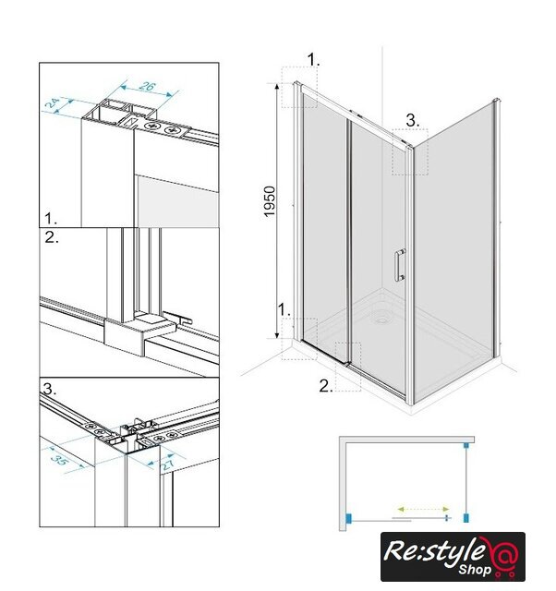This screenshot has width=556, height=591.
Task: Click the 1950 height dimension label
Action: click(270, 201)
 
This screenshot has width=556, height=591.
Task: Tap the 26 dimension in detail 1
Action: click(147, 86)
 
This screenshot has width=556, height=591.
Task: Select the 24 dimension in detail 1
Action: click(52, 103)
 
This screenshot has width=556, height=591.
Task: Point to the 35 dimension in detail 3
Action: click(59, 459)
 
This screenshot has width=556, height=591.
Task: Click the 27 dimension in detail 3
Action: click(168, 464)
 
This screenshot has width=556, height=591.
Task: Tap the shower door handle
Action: click(400, 265)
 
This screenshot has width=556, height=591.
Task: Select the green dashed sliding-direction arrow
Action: click(423, 509)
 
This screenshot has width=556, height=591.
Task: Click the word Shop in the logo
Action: click(476, 569)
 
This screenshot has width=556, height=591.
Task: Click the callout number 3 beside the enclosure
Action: click(412, 121)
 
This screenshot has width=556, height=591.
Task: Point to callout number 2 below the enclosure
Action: click(326, 386)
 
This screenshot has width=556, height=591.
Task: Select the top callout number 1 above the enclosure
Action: click(313, 59)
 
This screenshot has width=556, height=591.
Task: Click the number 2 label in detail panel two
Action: click(52, 237)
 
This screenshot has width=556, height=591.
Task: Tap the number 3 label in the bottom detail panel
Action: click(49, 389)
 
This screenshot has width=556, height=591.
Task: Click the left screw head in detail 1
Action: click(152, 126)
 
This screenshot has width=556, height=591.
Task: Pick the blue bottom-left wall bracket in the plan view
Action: click(348, 518)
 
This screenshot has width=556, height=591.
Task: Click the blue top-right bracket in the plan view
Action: click(466, 445)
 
